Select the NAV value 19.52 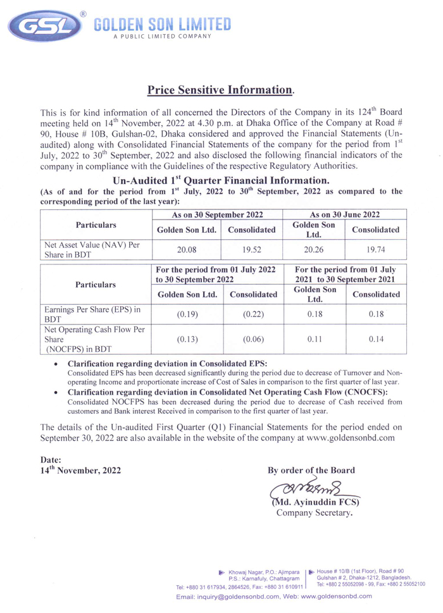click(x=252, y=249)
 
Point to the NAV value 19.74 click(x=376, y=249)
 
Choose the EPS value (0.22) click(x=252, y=315)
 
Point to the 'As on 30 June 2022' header click(x=346, y=214)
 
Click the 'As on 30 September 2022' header click(x=218, y=214)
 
